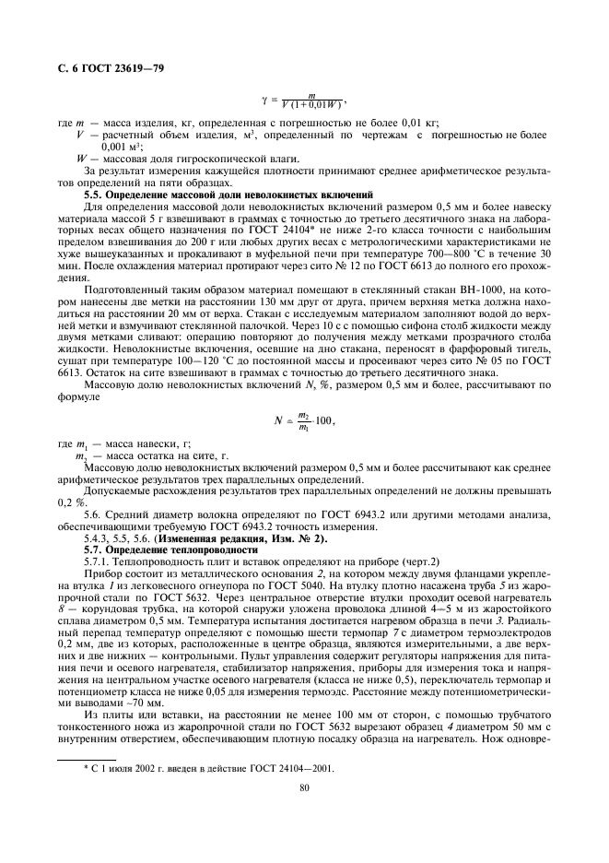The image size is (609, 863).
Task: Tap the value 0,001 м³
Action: (119, 146)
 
